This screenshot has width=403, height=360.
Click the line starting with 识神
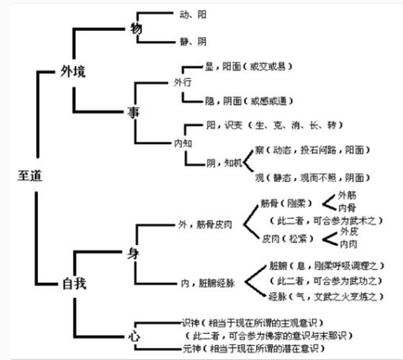[252, 322]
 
